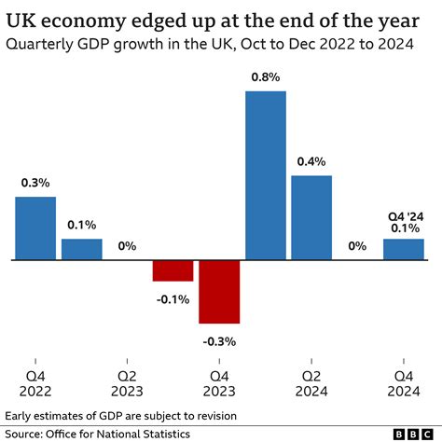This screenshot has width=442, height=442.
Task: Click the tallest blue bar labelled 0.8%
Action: [265, 175]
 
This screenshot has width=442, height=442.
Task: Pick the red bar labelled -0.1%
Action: [173, 270]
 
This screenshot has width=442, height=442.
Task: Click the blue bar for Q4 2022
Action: [35, 228]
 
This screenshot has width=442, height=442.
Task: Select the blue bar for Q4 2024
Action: [404, 249]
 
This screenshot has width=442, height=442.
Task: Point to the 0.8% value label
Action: [265, 77]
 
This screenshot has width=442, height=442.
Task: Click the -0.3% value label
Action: [219, 341]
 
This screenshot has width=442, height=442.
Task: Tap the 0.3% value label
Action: [35, 183]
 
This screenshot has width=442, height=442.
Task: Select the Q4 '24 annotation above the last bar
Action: [404, 216]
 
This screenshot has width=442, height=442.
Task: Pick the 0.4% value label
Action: [311, 161]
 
